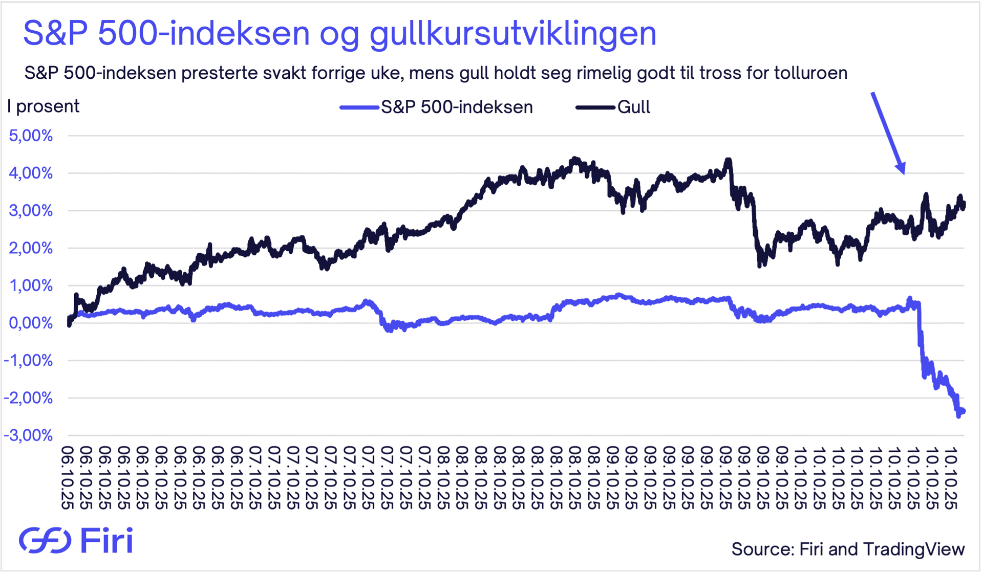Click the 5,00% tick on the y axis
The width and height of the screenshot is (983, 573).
tap(31, 136)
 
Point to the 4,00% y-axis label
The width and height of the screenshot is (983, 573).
tap(31, 173)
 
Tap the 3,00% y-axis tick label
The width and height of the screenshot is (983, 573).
tap(31, 210)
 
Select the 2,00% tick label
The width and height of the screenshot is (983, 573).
tap(31, 248)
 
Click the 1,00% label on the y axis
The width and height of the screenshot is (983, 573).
tap(31, 285)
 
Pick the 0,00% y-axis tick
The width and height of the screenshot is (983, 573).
tap(31, 323)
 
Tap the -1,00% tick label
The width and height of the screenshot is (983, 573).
tap(29, 360)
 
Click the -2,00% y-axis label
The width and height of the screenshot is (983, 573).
tap(29, 398)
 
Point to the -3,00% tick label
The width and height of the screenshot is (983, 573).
tap(29, 435)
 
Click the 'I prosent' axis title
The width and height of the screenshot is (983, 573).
tap(44, 106)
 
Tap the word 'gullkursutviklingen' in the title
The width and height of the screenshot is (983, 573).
tap(512, 34)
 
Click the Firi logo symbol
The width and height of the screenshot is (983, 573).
tap(45, 540)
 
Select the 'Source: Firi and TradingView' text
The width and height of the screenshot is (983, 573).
tap(848, 549)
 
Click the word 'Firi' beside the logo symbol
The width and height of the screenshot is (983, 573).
tap(107, 540)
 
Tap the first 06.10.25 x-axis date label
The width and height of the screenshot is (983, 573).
tap(67, 478)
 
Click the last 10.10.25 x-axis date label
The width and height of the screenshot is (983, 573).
tap(950, 478)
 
